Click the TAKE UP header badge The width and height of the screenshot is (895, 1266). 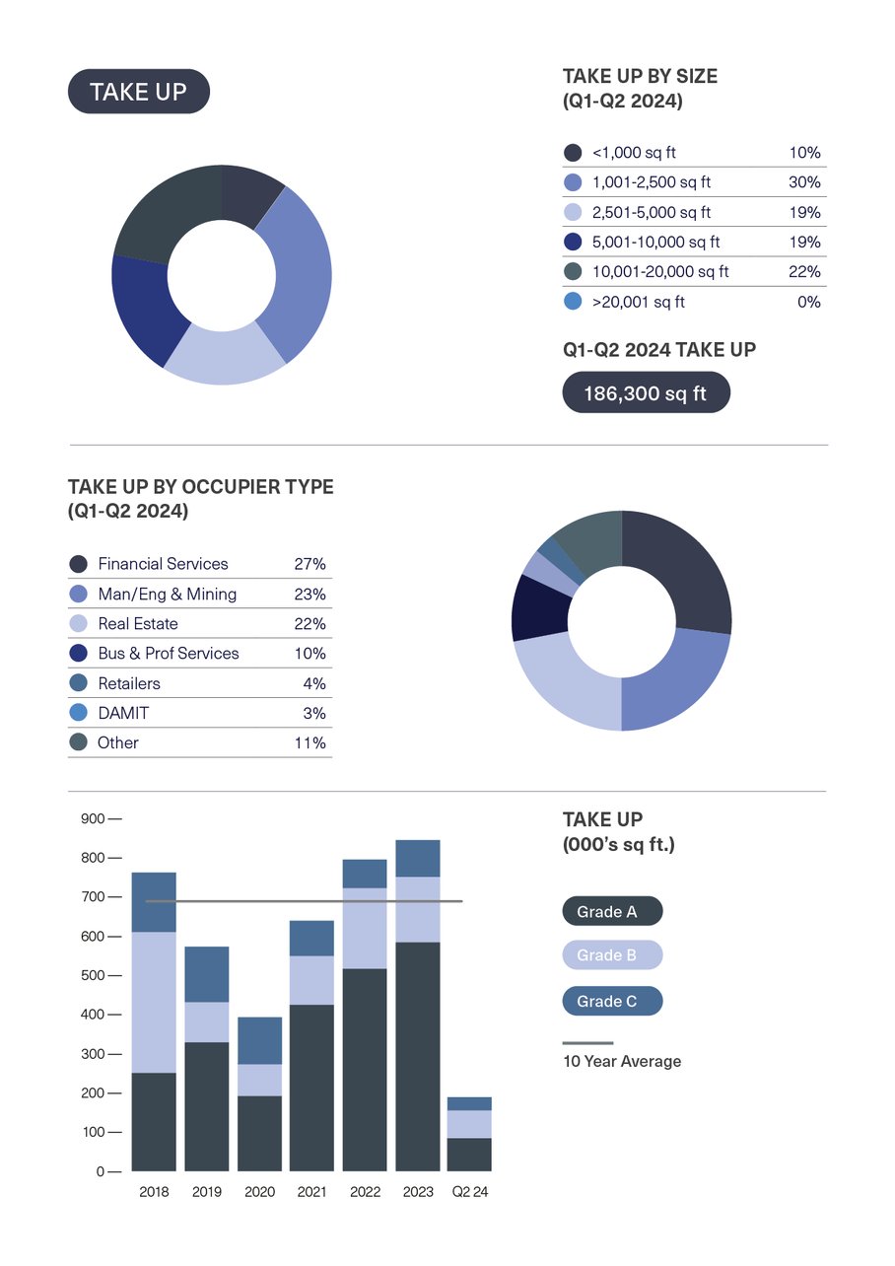pos(138,92)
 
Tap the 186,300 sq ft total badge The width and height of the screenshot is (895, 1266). pos(646,393)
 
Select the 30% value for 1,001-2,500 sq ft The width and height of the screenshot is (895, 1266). pos(804,182)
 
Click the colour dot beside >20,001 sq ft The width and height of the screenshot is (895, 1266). pos(572,302)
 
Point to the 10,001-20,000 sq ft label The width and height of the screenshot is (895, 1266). pos(660,272)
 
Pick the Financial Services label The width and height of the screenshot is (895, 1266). pos(163,564)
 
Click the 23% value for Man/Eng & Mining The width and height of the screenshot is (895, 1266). pos(310,595)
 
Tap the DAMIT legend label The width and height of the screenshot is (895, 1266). pos(123,713)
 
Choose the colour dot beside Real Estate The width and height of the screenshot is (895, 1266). pos(78,624)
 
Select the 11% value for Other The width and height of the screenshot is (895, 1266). pos(310,743)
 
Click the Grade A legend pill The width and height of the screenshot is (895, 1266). pos(612,912)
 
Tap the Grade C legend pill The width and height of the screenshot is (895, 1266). pos(612,1002)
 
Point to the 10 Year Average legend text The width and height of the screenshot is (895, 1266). pos(622,1062)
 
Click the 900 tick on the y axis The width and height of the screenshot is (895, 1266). pos(93,818)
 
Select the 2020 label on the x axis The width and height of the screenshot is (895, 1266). pos(259,1192)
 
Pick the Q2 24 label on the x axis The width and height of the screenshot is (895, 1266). pos(469,1192)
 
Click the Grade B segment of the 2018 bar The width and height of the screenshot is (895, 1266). pos(154,1002)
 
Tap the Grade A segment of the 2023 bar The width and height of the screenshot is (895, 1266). pos(418,1056)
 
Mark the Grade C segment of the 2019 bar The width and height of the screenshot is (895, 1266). pos(207,974)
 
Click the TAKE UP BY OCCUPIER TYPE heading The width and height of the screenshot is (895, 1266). pos(200,487)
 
